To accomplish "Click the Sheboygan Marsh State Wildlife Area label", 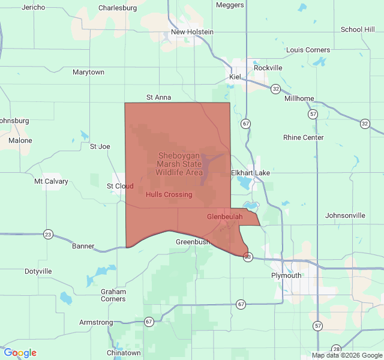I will coord(179,164).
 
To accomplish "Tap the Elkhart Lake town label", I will coord(250,173).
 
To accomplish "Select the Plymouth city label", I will coord(286,275).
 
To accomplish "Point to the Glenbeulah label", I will coord(225,216).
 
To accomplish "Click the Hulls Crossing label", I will coord(169,194).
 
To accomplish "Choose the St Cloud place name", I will coord(120,186).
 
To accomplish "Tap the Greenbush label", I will coord(193,242).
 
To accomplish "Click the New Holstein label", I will coord(192,32).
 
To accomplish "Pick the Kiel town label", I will coord(235,77).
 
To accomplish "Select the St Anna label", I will coord(158,97).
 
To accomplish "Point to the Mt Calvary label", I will coord(51,181).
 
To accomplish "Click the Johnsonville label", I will coord(345,215).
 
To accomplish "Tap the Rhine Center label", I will coord(303,137).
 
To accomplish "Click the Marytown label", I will coord(88,72).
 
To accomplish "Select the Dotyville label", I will coord(38,271).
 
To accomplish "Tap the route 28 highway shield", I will coord(336,349).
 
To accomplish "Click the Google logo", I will coord(20,353).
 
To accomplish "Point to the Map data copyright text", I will coord(346,355).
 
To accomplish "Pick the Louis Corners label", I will coord(308,50).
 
